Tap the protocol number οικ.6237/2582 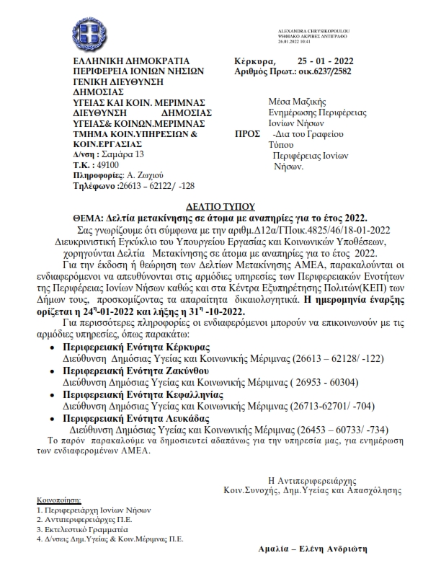coord(326,72)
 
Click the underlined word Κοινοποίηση coord(59,500)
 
